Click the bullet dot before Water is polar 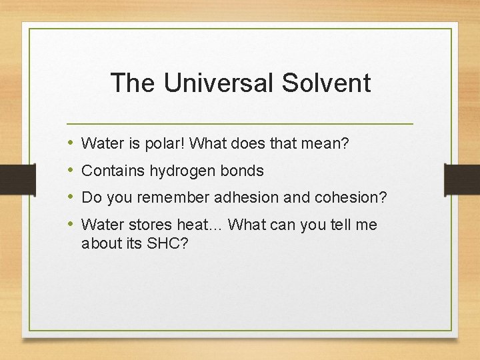[x=71, y=143]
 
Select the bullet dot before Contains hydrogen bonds [x=71, y=171]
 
